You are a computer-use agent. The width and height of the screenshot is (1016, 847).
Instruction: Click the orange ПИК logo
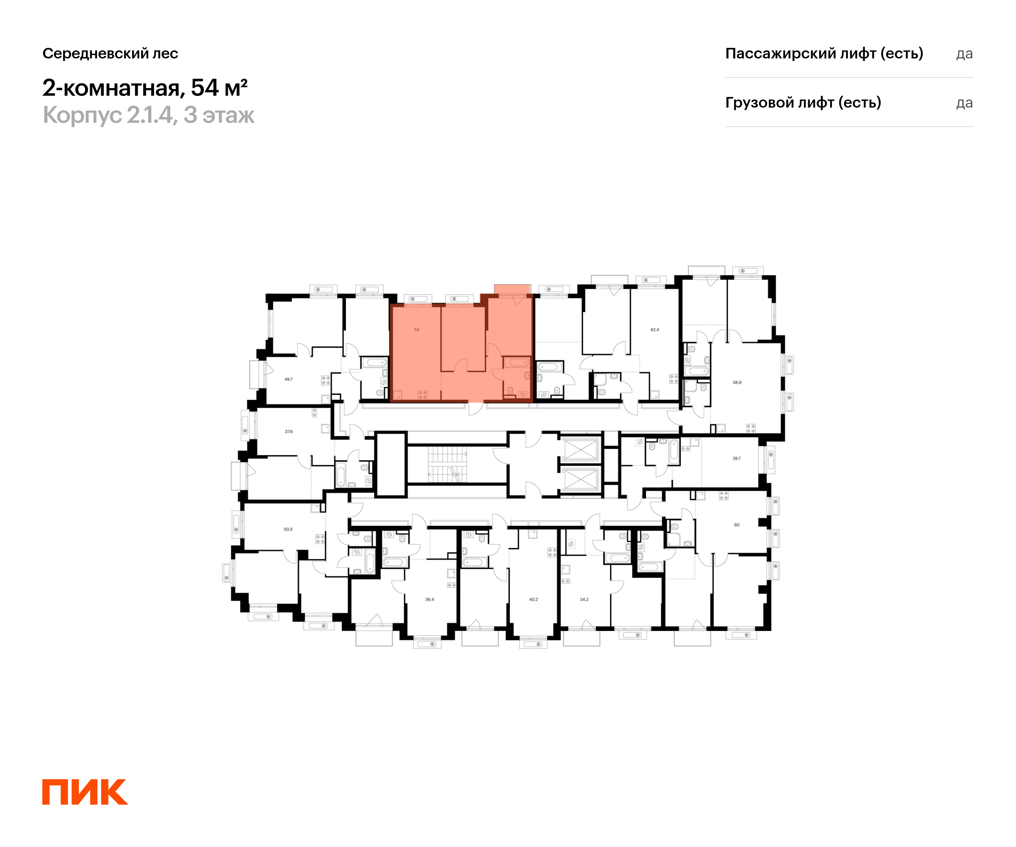click(x=85, y=792)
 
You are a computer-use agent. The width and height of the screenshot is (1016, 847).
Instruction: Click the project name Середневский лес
click(x=110, y=53)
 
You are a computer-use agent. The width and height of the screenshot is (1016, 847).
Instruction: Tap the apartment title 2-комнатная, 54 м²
click(x=145, y=88)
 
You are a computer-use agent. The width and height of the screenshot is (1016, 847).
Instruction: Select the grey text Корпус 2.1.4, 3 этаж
click(x=148, y=115)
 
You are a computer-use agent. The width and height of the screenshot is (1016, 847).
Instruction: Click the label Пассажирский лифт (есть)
click(x=824, y=53)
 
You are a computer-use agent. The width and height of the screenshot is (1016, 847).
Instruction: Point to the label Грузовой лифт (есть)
click(x=803, y=102)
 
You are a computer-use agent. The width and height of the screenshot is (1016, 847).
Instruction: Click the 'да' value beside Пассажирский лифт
click(x=964, y=54)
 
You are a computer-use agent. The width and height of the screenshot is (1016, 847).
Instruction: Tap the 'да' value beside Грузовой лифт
click(x=964, y=103)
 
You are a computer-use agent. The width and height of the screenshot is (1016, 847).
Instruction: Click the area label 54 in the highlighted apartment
click(x=417, y=329)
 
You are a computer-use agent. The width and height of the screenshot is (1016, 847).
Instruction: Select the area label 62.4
click(x=654, y=329)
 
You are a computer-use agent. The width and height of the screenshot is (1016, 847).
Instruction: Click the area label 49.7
click(x=288, y=379)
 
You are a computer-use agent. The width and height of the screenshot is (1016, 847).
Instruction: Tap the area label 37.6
click(x=288, y=431)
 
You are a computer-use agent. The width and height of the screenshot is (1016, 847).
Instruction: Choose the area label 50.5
click(x=288, y=529)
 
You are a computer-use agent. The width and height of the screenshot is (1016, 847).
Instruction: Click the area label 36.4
click(x=430, y=599)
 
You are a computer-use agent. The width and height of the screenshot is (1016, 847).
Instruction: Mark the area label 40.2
click(x=533, y=599)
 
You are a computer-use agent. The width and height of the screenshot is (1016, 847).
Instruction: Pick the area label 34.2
click(x=584, y=599)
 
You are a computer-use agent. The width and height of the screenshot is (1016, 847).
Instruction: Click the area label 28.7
click(x=736, y=458)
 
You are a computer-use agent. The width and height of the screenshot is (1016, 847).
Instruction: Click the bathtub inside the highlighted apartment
click(x=517, y=362)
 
